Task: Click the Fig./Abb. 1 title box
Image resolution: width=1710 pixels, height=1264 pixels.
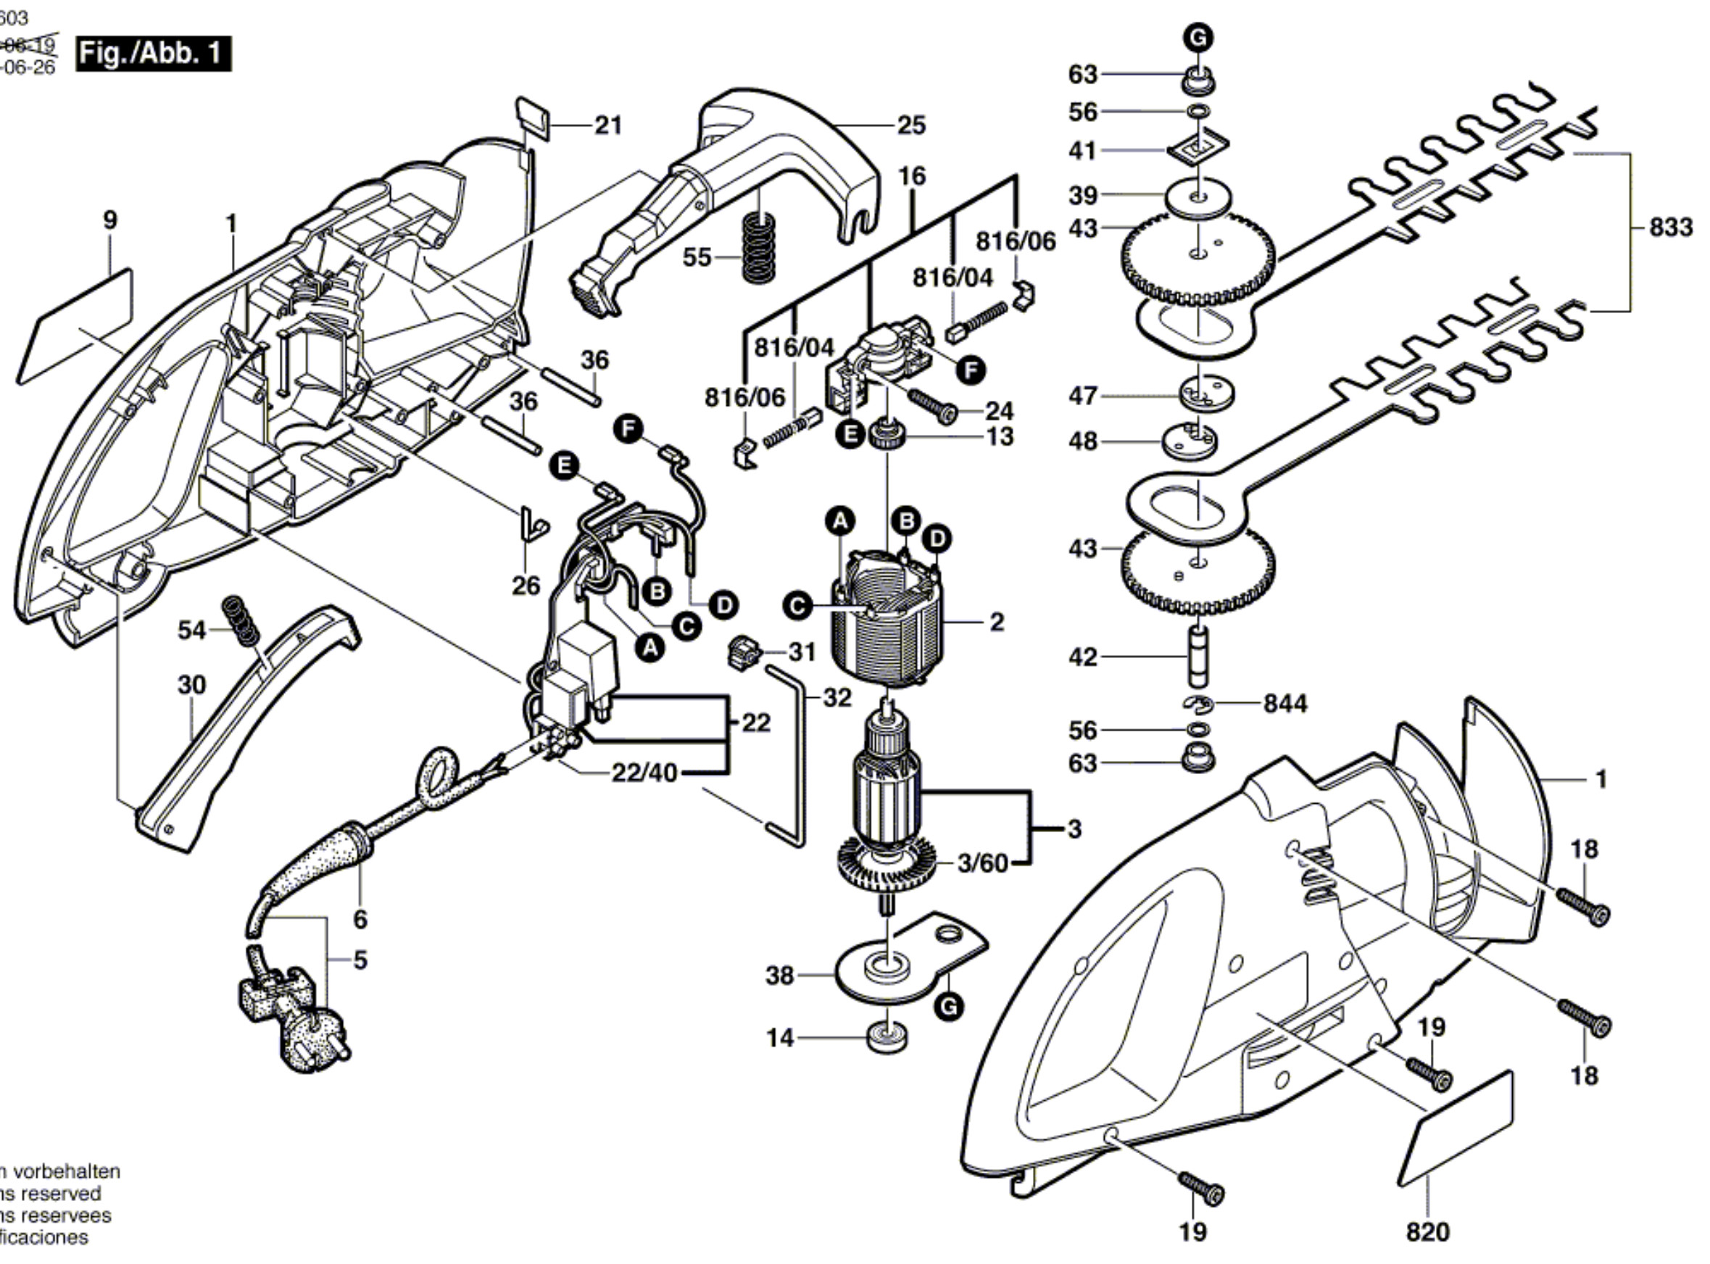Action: pos(152,54)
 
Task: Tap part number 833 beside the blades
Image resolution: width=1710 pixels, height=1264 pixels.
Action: pos(1670,228)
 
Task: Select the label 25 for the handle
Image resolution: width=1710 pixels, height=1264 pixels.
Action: pos(910,125)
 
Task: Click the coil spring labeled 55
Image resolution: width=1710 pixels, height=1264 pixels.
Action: pos(758,246)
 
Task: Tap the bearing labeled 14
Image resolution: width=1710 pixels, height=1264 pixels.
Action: pos(888,1038)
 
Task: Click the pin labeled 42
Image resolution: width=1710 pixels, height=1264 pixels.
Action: pos(1198,656)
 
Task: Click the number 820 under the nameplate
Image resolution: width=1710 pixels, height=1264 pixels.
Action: pos(1428,1232)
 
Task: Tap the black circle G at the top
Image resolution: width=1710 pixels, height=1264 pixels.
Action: pos(1198,37)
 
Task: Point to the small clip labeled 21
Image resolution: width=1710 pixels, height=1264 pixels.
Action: pos(534,119)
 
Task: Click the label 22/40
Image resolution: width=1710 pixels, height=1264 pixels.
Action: pos(644,773)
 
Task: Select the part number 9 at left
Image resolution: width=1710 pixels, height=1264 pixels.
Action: pos(110,220)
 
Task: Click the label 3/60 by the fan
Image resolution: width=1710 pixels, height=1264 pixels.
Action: pos(982,863)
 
